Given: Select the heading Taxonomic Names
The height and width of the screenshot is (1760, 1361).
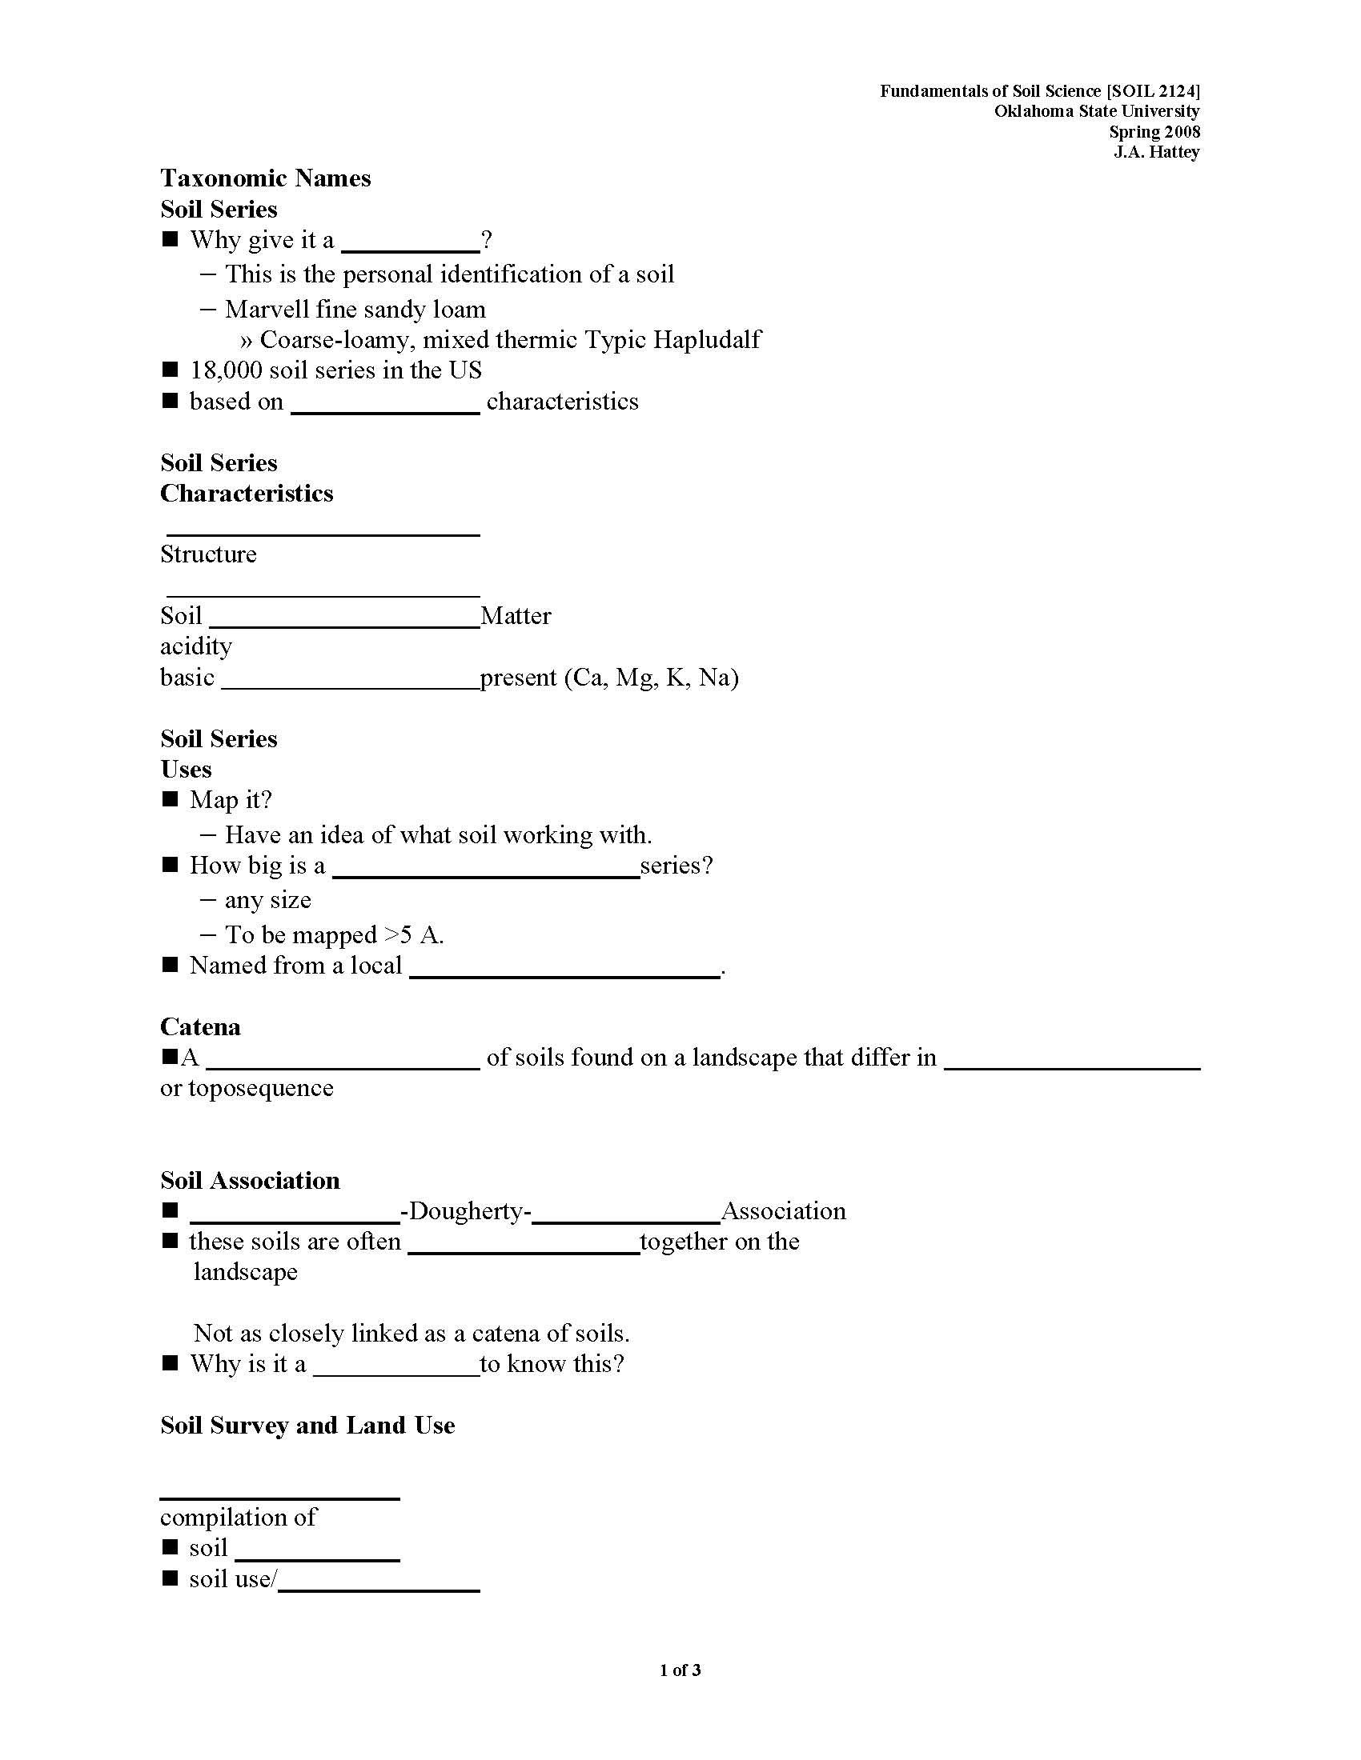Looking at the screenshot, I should [x=265, y=178].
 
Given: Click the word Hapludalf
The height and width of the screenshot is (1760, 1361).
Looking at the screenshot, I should [x=706, y=340].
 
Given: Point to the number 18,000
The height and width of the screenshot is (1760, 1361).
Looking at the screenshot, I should [x=226, y=370].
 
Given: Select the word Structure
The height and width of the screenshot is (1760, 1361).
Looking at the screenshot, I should [x=208, y=554].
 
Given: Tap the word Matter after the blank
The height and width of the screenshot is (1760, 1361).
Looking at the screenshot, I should [x=516, y=617].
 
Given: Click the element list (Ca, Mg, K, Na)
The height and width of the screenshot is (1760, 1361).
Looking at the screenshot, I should [x=651, y=678].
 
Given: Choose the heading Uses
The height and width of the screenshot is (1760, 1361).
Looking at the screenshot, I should [x=186, y=770].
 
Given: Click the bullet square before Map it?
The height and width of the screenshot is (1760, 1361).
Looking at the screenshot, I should [x=169, y=799].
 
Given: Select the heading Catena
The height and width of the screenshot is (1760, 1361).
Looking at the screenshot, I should [x=200, y=1027].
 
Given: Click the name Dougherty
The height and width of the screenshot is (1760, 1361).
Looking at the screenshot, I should [x=465, y=1211].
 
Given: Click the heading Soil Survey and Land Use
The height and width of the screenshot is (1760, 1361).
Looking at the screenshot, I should [x=307, y=1426].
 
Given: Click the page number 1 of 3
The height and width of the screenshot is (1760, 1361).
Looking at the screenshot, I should [x=680, y=1670].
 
